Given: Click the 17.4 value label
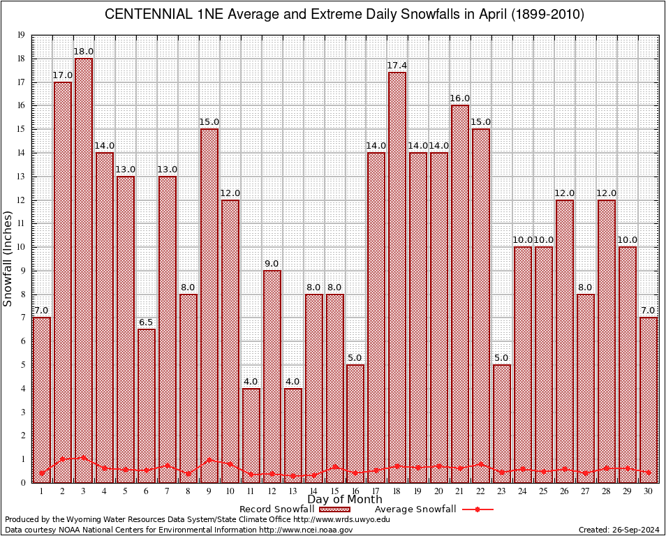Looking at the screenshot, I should (x=397, y=66).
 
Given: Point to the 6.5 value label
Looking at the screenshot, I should (x=147, y=322).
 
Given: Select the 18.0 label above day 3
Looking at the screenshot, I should (x=84, y=52).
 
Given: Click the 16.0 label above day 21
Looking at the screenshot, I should (x=460, y=98).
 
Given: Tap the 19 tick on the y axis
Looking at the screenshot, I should (x=21, y=35).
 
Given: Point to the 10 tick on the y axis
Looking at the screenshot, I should (x=21, y=247).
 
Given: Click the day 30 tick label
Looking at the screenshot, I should (x=649, y=491).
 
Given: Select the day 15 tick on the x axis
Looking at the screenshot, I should (x=334, y=491).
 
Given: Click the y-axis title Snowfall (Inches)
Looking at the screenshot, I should (x=8, y=259).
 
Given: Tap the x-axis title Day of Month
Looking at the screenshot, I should (x=345, y=500).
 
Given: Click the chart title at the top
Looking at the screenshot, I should (x=345, y=15).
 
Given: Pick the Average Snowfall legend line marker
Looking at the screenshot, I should (x=478, y=509).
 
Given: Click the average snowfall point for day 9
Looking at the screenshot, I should (x=209, y=460).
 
